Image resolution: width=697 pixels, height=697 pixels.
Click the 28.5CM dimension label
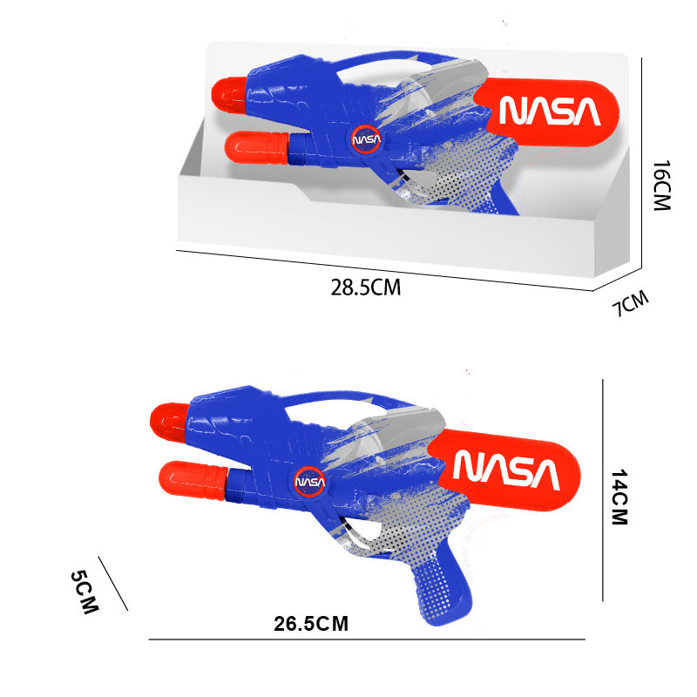(x=365, y=287)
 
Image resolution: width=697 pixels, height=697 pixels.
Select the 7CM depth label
(x=631, y=304)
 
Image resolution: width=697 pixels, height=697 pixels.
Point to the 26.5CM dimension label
(x=310, y=623)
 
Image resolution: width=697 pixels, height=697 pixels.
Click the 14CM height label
(x=619, y=497)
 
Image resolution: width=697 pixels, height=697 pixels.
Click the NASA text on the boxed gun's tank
(x=549, y=112)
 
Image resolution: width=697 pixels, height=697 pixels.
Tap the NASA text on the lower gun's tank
(x=505, y=470)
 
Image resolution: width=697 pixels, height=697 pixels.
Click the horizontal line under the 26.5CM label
(x=366, y=639)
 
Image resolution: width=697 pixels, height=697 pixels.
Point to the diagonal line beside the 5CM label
(x=113, y=584)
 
